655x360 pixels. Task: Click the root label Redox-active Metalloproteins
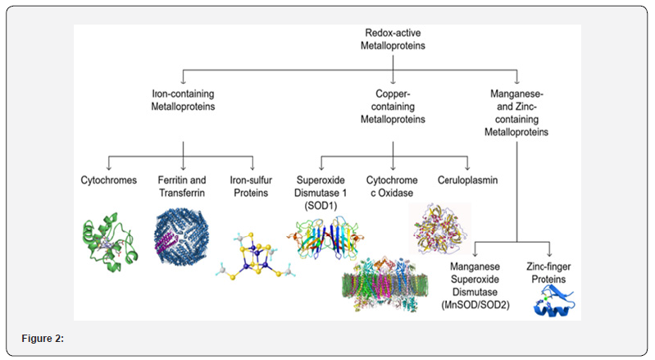tap(393, 38)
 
